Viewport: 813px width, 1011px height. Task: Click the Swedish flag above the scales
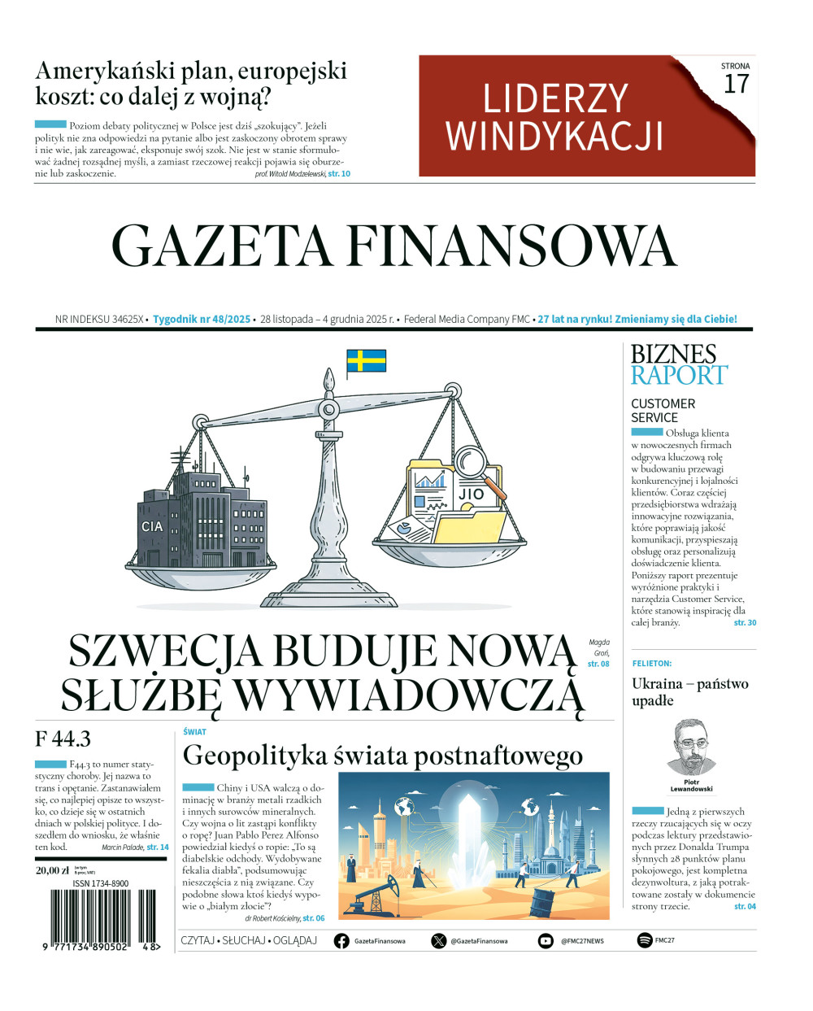[x=366, y=360]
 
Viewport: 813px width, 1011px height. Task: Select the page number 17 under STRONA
[x=735, y=84]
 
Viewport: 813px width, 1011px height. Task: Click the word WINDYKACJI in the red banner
[x=554, y=136]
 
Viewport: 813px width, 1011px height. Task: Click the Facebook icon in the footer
[x=341, y=940]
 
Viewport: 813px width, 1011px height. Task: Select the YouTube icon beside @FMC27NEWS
[x=546, y=940]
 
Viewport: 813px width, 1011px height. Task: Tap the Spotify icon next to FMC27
[x=645, y=940]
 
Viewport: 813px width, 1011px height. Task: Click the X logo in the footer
[x=439, y=940]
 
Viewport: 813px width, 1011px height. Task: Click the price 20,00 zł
[x=53, y=869]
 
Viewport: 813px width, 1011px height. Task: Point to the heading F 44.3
[x=63, y=739]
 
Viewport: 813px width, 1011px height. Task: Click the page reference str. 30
[x=745, y=622]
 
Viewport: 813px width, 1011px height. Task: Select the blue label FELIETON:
[x=652, y=664]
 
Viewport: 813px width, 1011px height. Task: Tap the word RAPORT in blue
[x=679, y=376]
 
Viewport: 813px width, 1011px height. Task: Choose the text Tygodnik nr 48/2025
[x=202, y=319]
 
